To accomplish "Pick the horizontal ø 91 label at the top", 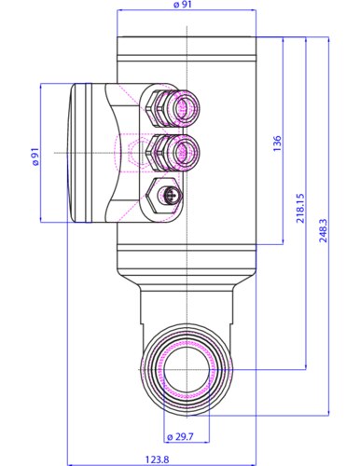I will [x=184, y=7].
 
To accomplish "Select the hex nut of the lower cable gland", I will [x=159, y=150].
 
